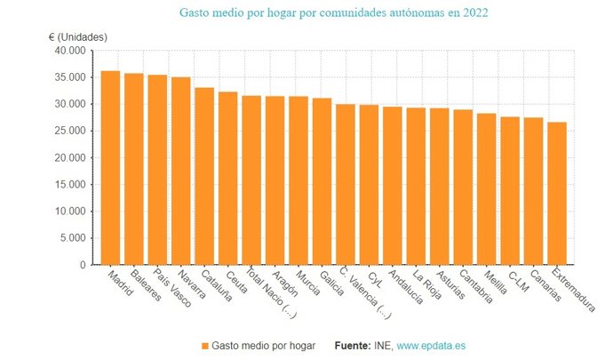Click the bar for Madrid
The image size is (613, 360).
[x=110, y=168]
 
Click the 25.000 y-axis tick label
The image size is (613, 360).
[x=70, y=132]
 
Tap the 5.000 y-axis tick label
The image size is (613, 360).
[x=73, y=238]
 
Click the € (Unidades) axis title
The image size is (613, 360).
[x=77, y=36]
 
